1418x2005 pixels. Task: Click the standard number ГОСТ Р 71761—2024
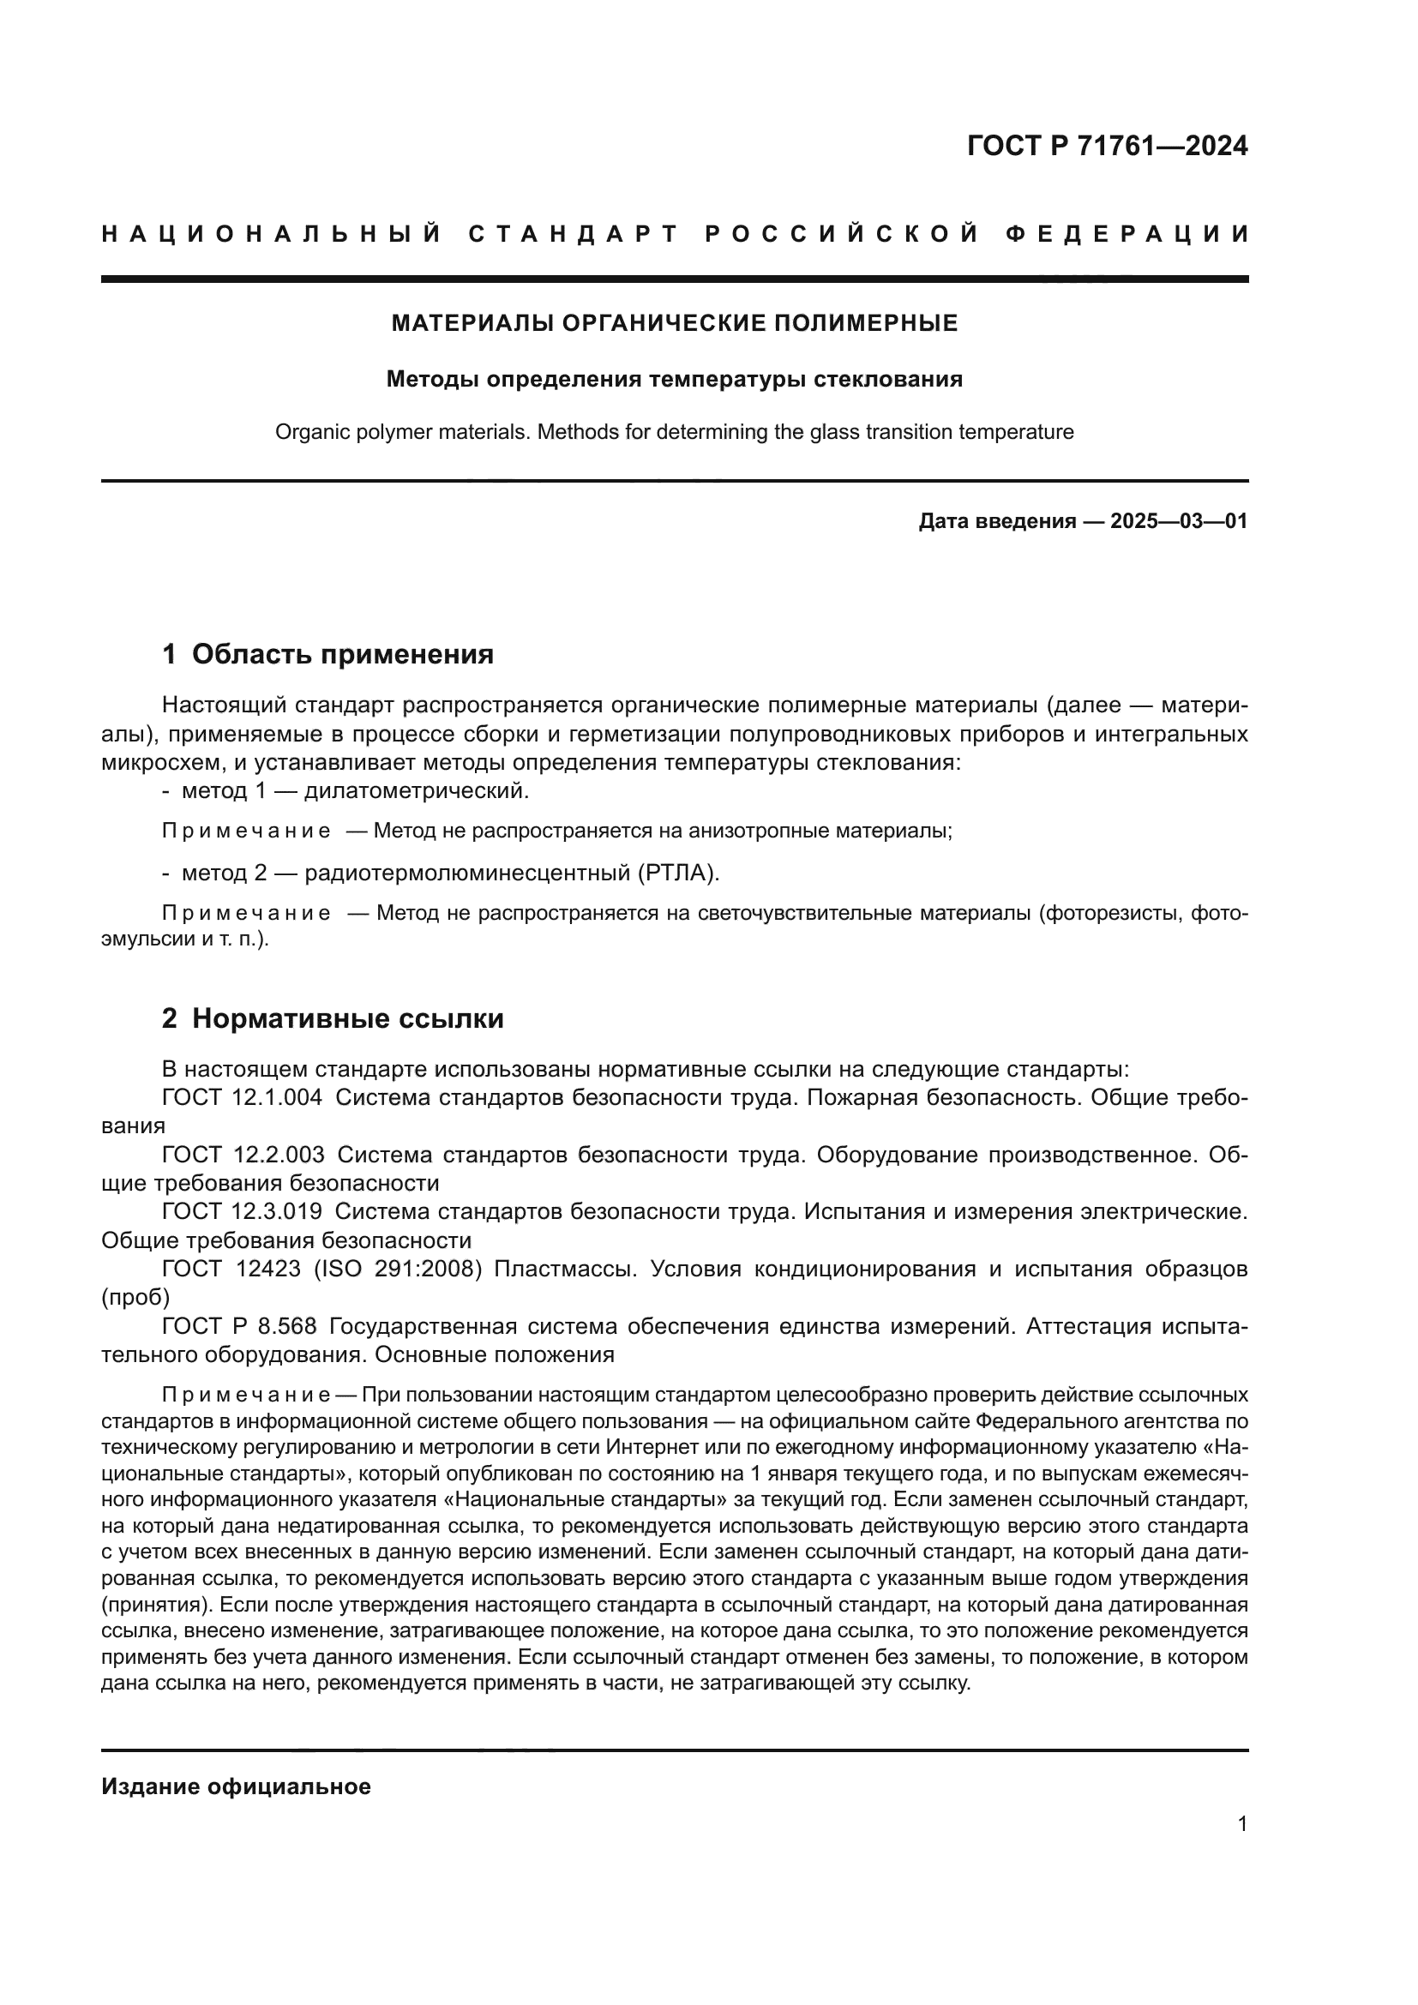(x=1107, y=146)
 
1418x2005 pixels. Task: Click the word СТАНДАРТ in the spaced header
(x=574, y=234)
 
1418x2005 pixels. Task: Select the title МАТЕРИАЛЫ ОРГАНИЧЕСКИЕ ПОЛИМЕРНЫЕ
(x=674, y=324)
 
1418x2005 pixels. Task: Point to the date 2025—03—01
(x=1179, y=522)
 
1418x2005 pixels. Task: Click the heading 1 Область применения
(x=327, y=654)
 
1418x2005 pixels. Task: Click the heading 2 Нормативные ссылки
(x=333, y=1019)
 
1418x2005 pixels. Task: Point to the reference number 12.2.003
(x=279, y=1156)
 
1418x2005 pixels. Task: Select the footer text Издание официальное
(x=236, y=1786)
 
